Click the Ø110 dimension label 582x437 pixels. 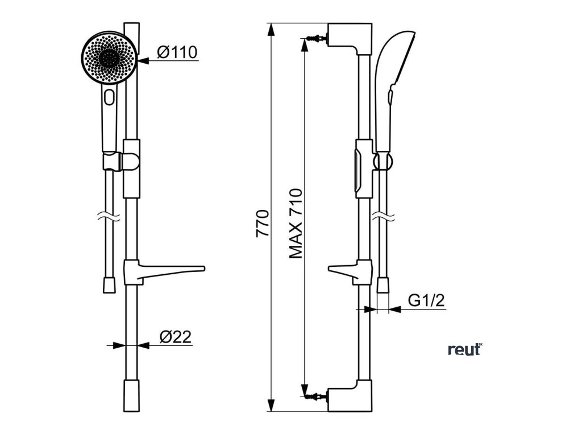point(177,52)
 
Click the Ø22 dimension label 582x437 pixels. point(174,337)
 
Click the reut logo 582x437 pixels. point(464,349)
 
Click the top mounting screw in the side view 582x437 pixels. point(316,39)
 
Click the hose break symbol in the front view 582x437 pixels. point(109,217)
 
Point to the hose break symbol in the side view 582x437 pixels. point(384,217)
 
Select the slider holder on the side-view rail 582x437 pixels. point(364,168)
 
